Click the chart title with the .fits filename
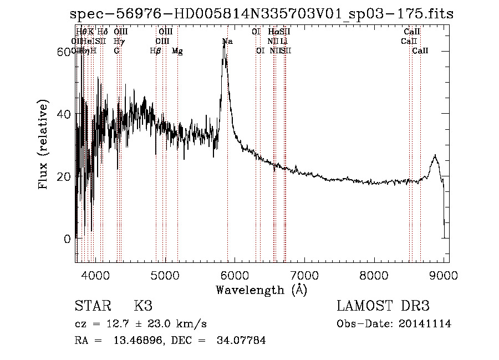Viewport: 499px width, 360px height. tap(262, 14)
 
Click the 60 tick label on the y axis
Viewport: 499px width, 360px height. tap(65, 52)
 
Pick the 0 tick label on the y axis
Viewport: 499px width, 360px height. tap(68, 239)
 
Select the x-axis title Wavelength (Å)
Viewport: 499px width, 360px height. tap(261, 290)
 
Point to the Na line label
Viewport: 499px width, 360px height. tap(227, 42)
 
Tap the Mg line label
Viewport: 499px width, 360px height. tap(177, 51)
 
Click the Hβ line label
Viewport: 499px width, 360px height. tap(156, 51)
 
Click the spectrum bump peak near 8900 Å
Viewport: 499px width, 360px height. tap(435, 156)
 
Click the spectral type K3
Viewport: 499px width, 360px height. tap(143, 306)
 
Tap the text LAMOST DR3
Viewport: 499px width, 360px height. tap(383, 306)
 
